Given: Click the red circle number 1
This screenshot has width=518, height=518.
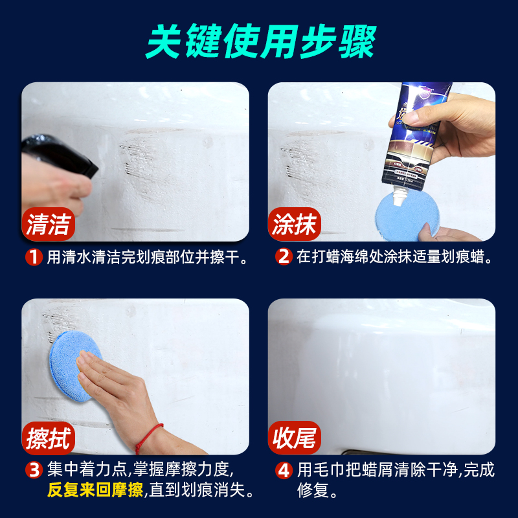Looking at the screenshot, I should tap(34, 257).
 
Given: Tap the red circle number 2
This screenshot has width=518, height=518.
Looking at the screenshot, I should tap(283, 257).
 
